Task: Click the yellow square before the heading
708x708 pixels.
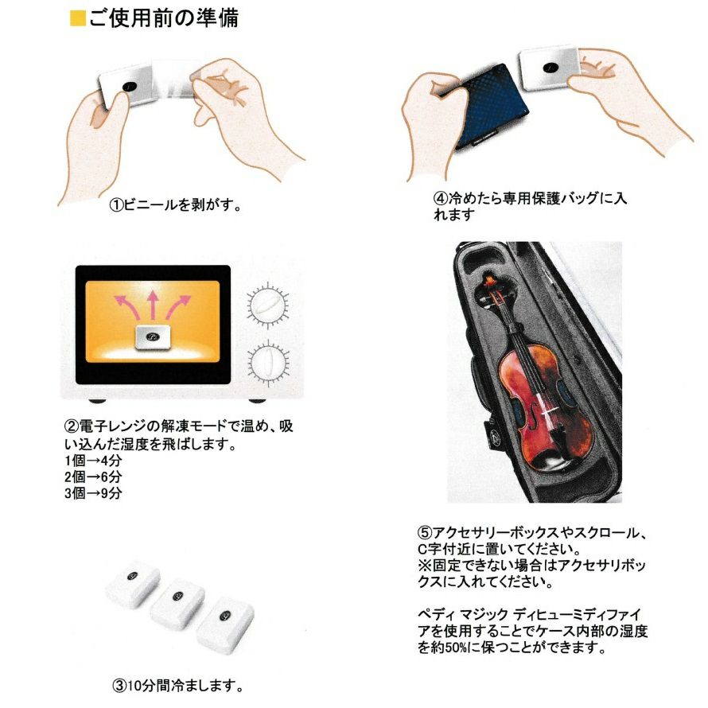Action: pos(78,18)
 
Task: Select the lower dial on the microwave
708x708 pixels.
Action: pos(269,363)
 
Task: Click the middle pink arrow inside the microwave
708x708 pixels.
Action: pos(153,305)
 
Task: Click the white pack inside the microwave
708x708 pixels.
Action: pos(153,336)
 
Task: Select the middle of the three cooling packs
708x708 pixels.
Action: pos(177,604)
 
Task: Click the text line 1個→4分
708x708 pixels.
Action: pos(93,461)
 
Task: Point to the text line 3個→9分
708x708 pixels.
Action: pos(93,493)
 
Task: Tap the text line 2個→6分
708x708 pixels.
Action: pos(93,477)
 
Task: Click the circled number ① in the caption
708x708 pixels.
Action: pos(116,205)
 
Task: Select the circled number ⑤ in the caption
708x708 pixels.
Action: pos(425,533)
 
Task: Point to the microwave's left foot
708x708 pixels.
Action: pos(97,400)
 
